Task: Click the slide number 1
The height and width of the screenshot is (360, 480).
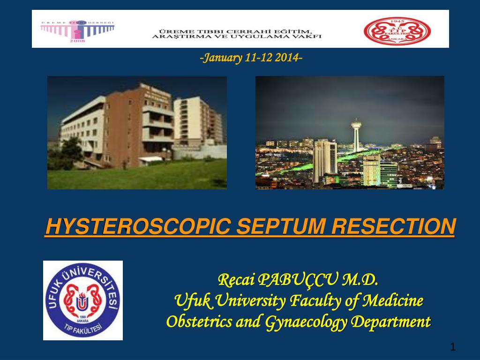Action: tap(453, 347)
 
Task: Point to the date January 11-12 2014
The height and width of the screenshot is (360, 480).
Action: tap(251, 58)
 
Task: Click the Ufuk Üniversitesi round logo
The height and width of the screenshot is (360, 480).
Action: tap(83, 300)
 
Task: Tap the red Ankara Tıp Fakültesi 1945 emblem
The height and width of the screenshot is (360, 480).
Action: tap(397, 30)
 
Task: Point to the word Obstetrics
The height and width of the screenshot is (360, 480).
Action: tap(194, 322)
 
